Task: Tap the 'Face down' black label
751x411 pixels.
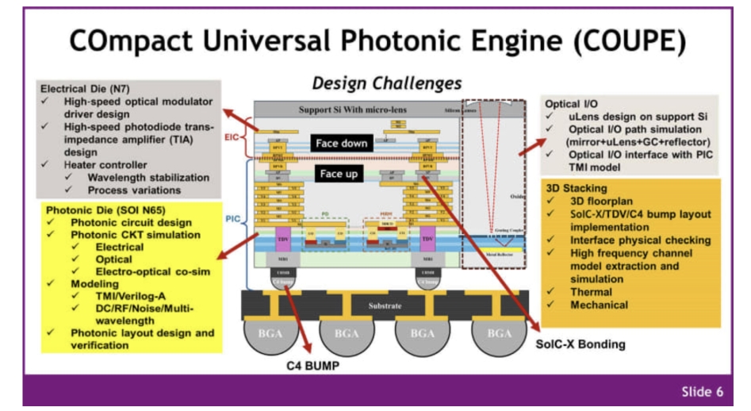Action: [341, 144]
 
